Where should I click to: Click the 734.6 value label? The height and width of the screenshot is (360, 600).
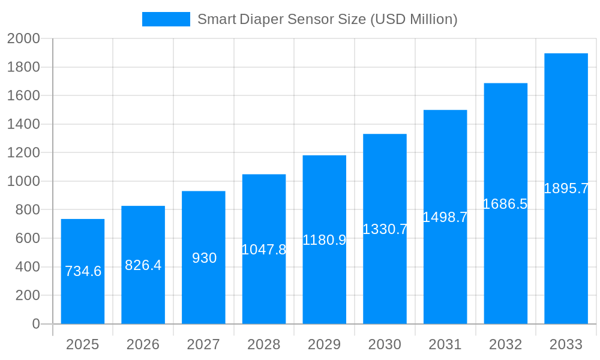tap(83, 271)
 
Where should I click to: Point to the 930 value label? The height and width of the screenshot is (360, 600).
tap(204, 258)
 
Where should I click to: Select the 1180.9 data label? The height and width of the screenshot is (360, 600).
tap(325, 240)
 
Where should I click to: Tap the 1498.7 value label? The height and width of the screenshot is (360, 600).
tap(445, 217)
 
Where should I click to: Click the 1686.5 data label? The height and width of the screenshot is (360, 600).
tap(505, 204)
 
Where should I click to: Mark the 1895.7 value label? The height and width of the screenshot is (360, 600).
tap(566, 188)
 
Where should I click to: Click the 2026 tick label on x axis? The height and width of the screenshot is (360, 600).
tap(143, 344)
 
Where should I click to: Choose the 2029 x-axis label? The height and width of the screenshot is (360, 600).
tap(325, 344)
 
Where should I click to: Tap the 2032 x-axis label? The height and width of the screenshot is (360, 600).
tap(505, 344)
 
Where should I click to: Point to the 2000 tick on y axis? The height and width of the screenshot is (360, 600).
tap(23, 39)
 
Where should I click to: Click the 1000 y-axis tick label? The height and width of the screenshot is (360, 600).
tap(23, 181)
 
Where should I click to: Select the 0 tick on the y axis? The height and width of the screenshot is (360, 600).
tap(36, 324)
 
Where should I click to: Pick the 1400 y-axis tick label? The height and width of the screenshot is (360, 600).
tap(23, 124)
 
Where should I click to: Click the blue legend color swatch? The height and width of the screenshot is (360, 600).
tap(166, 19)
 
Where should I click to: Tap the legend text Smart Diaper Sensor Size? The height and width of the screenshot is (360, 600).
tap(327, 19)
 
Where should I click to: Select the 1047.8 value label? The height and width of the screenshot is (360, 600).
tap(264, 250)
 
